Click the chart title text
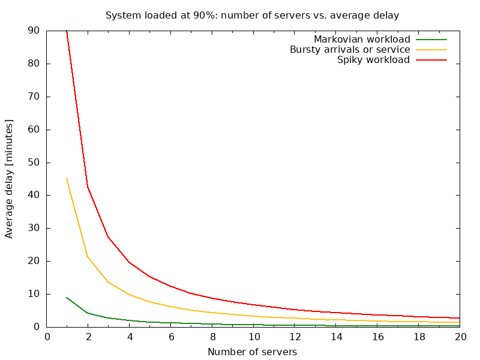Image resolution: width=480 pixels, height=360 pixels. pos(252,15)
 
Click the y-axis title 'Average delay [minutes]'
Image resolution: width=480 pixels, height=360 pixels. pos(10,179)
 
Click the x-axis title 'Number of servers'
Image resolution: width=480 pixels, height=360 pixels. pos(252,352)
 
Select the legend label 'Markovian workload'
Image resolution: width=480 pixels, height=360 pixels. pos(362,40)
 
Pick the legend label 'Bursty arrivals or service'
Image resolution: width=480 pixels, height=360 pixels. pos(350,50)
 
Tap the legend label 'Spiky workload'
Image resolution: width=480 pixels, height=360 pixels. pos(373,60)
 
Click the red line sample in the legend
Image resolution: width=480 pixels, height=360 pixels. pos(432,60)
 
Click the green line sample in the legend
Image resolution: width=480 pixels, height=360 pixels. pos(432,40)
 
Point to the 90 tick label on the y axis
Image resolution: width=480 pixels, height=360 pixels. pos(34,31)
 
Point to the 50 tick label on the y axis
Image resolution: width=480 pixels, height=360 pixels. pos(34,163)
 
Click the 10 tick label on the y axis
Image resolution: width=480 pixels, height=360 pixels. pos(34,294)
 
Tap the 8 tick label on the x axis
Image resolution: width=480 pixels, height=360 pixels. pos(213,337)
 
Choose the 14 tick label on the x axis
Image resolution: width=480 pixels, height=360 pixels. pos(337,337)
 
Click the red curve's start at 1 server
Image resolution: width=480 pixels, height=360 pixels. pos(67,31)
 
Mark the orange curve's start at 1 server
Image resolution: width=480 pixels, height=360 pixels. pos(67,179)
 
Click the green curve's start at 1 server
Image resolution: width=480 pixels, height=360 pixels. pos(67,297)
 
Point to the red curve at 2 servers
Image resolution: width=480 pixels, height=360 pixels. pos(88,187)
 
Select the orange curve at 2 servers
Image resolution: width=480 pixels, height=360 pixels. pos(88,256)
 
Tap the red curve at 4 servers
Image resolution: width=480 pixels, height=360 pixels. pos(129,262)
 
